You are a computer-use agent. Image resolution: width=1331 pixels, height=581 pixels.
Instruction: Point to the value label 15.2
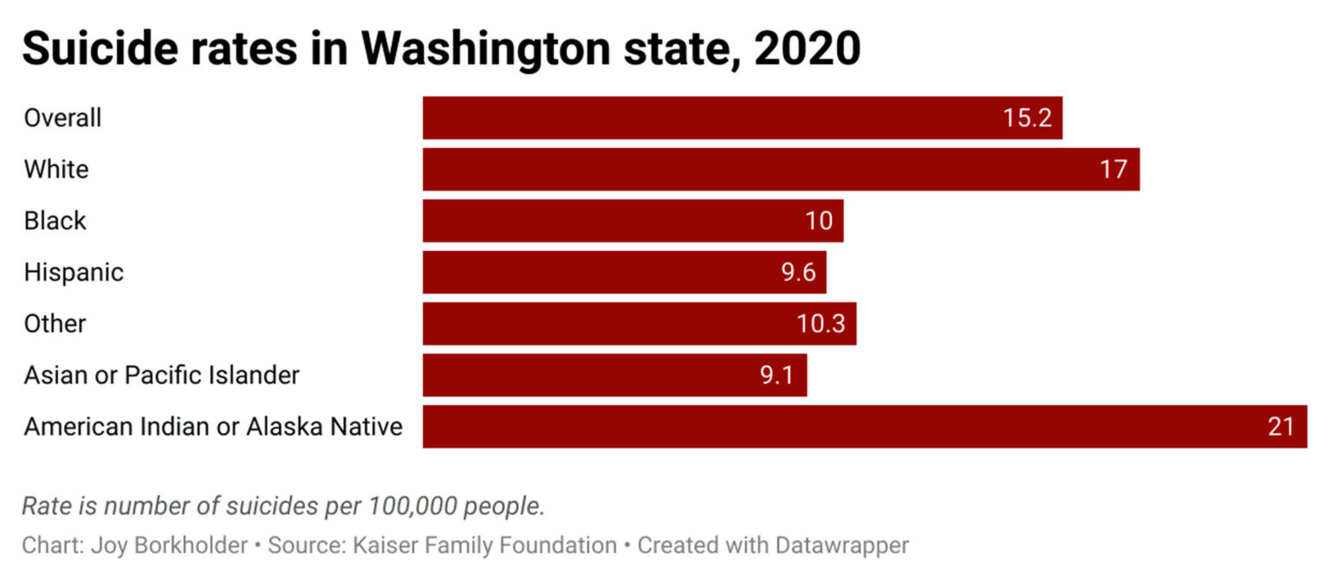(x=1028, y=118)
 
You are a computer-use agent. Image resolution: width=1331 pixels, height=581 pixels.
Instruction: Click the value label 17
(x=1113, y=169)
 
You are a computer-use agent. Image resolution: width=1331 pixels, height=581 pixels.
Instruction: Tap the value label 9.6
(x=798, y=272)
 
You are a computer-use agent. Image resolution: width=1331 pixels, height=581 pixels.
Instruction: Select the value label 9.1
(x=778, y=375)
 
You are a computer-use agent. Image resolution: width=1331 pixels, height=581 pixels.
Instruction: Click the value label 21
(x=1281, y=427)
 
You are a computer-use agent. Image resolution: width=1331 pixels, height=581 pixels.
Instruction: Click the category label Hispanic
(x=74, y=272)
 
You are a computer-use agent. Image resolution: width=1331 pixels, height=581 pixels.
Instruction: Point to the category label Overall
(x=62, y=118)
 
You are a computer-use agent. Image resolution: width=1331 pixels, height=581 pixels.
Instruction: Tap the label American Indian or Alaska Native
(x=213, y=427)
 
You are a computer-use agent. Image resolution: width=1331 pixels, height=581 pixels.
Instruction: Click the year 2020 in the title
(x=807, y=50)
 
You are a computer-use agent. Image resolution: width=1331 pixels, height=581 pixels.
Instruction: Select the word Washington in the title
(x=486, y=50)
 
